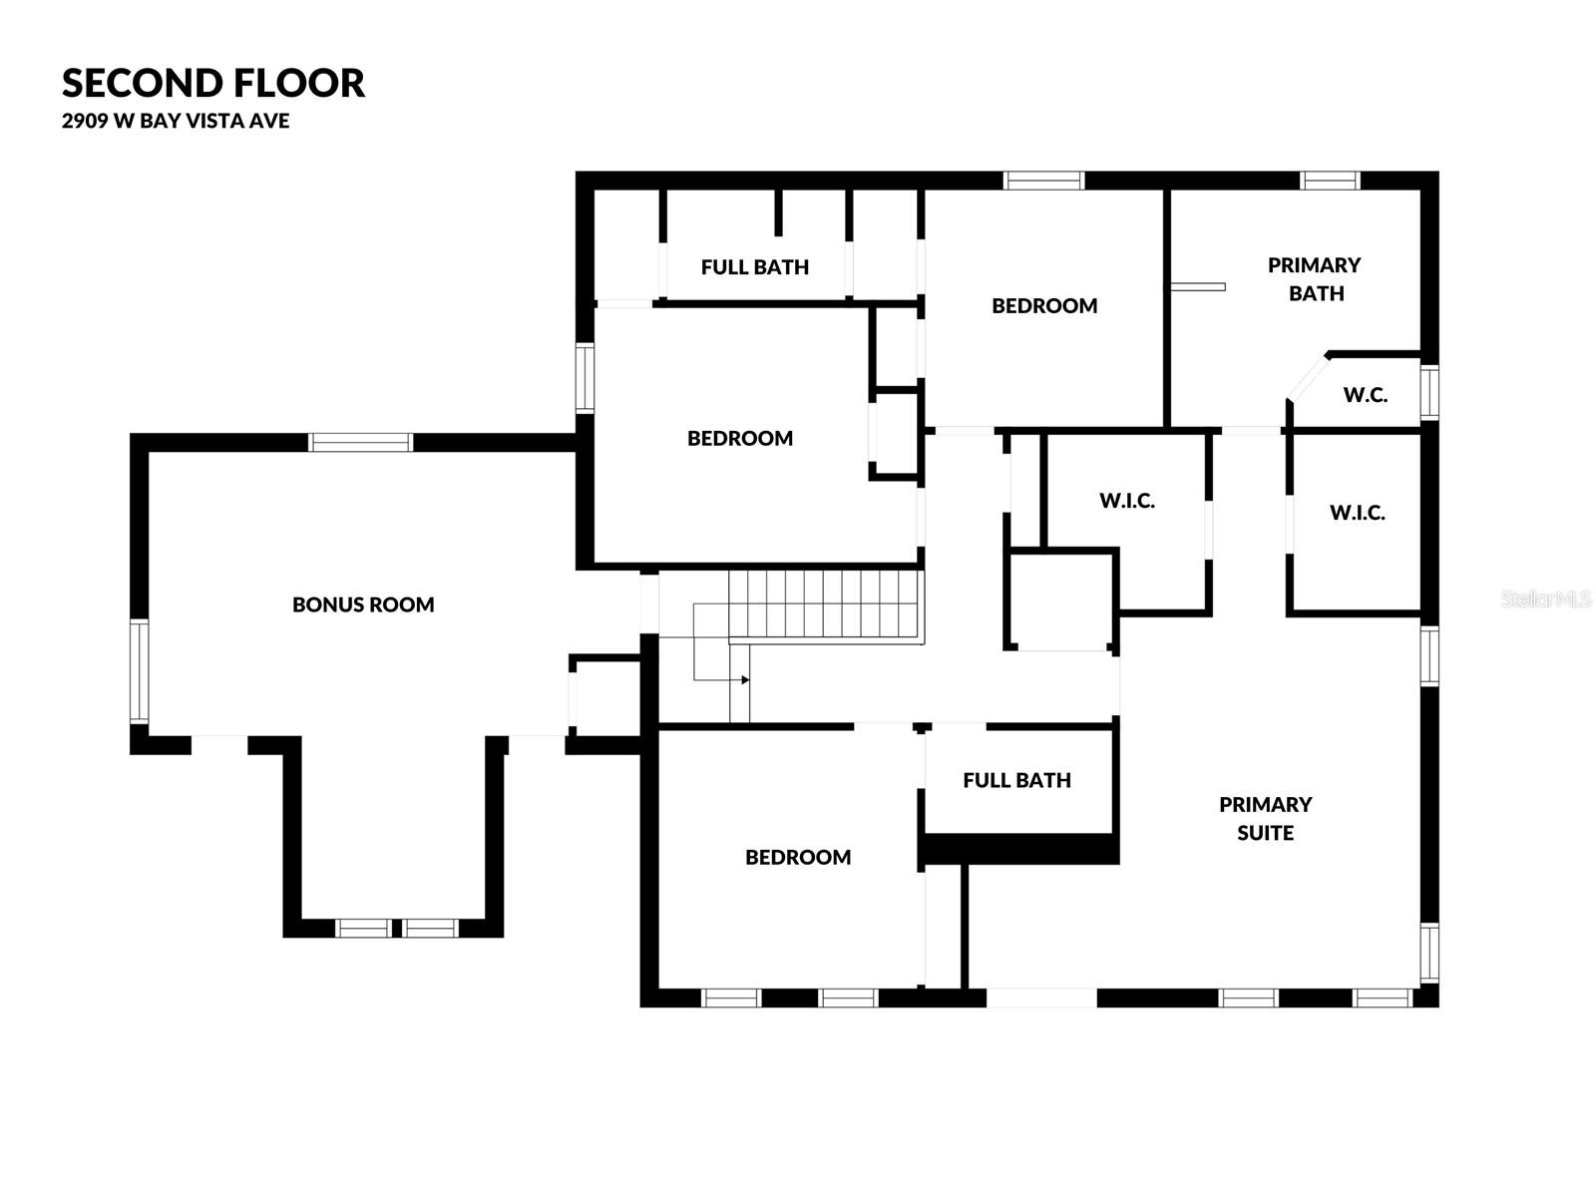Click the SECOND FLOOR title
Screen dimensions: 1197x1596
[x=213, y=83]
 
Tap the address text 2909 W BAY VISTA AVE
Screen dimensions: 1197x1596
[x=176, y=121]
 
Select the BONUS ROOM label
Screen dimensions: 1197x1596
[x=363, y=604]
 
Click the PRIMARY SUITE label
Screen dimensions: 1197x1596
[x=1265, y=818]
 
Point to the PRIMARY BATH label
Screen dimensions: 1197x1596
[x=1315, y=279]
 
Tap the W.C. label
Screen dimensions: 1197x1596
[x=1365, y=395]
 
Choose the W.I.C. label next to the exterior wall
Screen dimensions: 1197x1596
[x=1357, y=513]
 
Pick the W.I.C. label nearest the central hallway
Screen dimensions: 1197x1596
[x=1127, y=501]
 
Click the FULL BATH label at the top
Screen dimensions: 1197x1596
[x=754, y=267]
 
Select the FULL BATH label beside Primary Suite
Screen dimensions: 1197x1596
[x=1016, y=780]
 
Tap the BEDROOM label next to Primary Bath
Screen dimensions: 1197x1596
[x=1044, y=306]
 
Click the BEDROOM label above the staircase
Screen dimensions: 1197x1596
[x=740, y=438]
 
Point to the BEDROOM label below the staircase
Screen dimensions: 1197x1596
[x=798, y=857]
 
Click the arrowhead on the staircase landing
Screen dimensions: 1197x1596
[x=745, y=680]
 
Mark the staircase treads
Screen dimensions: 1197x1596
[x=823, y=603]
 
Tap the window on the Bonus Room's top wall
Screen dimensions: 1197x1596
[x=360, y=442]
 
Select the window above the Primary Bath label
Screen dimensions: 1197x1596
[x=1330, y=181]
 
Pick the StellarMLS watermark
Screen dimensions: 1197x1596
[x=1545, y=599]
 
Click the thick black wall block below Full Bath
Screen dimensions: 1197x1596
[x=1018, y=849]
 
